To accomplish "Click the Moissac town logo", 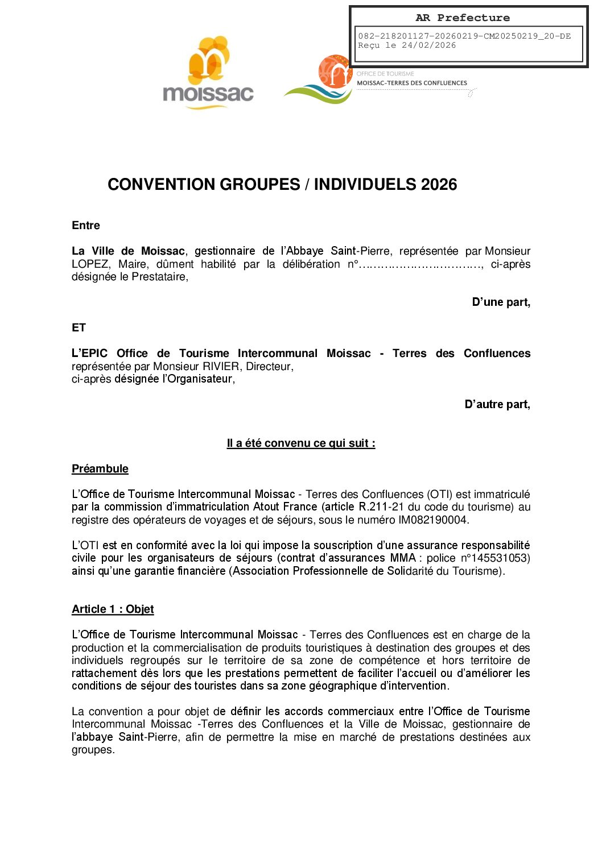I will point(208,73).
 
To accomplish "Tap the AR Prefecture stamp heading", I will point(463,18).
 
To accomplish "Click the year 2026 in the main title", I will point(439,184).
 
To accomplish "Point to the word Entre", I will point(86,226).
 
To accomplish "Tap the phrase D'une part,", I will point(501,302).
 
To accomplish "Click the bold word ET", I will point(79,328).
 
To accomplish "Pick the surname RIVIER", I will point(221,367).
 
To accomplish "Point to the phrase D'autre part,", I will point(497,405).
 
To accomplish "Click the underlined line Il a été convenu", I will point(300,443).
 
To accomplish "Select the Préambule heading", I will point(100,469).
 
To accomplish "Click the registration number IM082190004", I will point(432,520).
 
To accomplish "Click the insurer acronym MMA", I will point(403,558).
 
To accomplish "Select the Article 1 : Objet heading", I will point(113,609).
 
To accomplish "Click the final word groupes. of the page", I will point(93,750).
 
